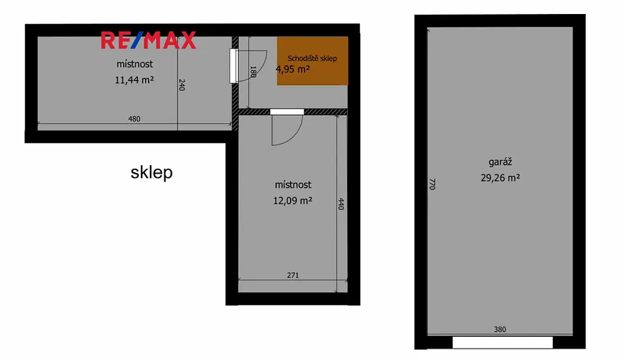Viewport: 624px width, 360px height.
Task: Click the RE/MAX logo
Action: click(x=149, y=40)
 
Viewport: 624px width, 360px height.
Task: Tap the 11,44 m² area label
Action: click(x=135, y=80)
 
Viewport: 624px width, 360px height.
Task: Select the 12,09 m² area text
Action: click(x=292, y=200)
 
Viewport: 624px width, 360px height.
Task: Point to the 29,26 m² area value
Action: click(x=500, y=178)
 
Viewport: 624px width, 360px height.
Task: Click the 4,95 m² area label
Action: click(x=292, y=69)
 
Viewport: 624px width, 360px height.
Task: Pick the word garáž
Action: click(x=500, y=162)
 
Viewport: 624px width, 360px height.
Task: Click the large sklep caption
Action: click(x=152, y=172)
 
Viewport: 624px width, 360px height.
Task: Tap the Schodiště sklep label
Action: click(x=312, y=58)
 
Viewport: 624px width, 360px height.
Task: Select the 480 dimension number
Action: click(x=134, y=119)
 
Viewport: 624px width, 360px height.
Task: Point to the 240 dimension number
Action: click(x=182, y=85)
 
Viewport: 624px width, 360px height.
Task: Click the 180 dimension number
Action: click(x=253, y=72)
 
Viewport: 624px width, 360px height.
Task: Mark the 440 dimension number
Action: click(x=341, y=203)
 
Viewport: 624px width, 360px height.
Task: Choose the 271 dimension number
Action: click(x=293, y=275)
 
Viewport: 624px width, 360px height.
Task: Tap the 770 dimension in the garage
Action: click(x=432, y=184)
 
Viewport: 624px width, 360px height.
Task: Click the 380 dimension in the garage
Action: click(x=500, y=329)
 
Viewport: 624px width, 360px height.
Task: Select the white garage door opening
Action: click(x=503, y=342)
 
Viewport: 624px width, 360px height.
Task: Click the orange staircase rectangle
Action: click(x=313, y=61)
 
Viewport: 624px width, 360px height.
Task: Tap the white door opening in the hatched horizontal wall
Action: click(x=287, y=112)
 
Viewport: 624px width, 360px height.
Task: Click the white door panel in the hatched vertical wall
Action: click(x=233, y=66)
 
